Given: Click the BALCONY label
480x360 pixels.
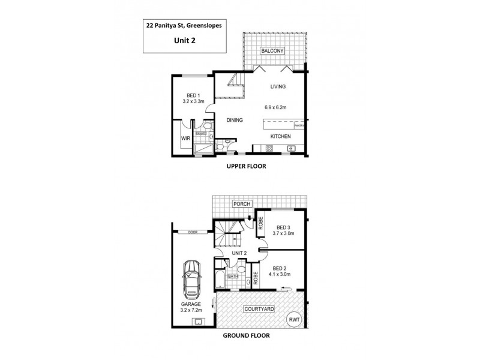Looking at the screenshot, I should (272, 50).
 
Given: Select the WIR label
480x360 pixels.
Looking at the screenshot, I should (185, 139).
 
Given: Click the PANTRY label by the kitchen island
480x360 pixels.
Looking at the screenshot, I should (299, 126).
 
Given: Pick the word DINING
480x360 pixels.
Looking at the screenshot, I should (235, 120).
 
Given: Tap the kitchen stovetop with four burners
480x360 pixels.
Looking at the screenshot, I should (262, 148).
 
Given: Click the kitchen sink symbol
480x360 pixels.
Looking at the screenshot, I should (290, 148).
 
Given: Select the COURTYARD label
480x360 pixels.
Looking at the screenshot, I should (259, 309).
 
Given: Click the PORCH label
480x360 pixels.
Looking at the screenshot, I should (242, 203).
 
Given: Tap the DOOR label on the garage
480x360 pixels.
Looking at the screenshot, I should (192, 232).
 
